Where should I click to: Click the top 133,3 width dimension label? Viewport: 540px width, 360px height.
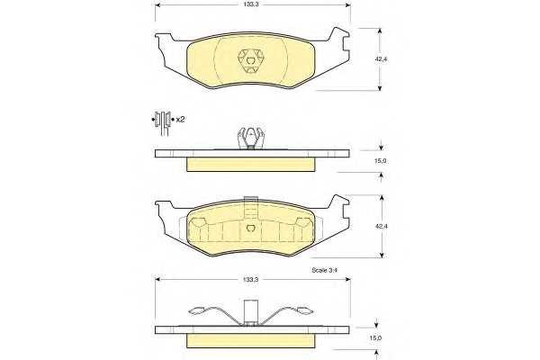click(x=251, y=5)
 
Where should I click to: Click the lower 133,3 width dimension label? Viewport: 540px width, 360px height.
click(x=251, y=280)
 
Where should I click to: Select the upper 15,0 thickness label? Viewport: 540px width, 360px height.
click(x=381, y=161)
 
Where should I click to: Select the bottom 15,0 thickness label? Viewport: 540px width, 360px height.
click(x=375, y=338)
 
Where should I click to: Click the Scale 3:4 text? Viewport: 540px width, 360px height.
click(x=324, y=270)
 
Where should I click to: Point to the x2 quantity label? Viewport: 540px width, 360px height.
click(x=180, y=120)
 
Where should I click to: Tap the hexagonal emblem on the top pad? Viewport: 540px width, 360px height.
click(x=251, y=60)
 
